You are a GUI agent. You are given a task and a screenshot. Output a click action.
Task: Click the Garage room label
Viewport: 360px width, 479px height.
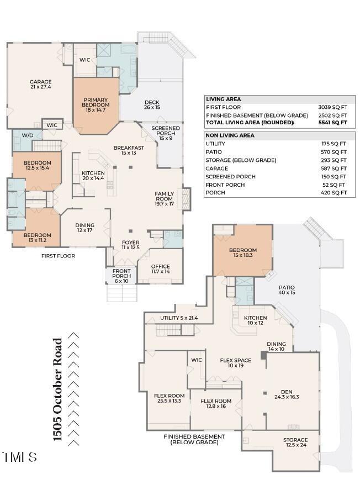(x=41, y=85)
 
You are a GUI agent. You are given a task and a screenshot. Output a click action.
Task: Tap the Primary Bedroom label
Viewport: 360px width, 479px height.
(x=96, y=104)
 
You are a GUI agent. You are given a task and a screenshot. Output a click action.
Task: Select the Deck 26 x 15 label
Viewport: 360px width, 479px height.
(x=152, y=105)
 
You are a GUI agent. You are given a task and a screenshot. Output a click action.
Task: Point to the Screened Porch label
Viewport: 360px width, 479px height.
(x=166, y=133)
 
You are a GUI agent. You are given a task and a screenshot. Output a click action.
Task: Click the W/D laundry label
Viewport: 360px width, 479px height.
(x=28, y=135)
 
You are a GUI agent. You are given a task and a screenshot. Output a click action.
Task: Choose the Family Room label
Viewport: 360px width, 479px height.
(x=165, y=198)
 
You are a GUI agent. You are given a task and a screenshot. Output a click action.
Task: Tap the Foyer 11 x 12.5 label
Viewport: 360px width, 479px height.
(x=131, y=245)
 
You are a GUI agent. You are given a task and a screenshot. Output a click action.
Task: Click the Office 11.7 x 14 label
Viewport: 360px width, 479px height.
(x=160, y=269)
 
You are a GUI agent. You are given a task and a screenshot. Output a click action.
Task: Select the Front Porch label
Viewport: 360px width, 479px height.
(x=121, y=276)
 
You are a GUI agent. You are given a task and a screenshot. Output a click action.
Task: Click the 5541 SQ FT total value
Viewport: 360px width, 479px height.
(x=333, y=123)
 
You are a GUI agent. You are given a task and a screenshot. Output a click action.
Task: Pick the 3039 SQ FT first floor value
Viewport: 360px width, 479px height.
(x=333, y=107)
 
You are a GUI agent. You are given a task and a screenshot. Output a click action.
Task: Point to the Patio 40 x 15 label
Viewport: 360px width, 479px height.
(x=287, y=290)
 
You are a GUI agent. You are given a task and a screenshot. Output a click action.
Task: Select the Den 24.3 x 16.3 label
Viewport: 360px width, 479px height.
(x=287, y=394)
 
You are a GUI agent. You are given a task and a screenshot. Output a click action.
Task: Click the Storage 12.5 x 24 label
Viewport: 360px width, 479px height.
(x=295, y=443)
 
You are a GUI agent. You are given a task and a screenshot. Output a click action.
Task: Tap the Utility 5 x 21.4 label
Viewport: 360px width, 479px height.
(x=179, y=318)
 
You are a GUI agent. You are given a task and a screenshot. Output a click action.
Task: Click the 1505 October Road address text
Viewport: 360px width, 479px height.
(x=57, y=389)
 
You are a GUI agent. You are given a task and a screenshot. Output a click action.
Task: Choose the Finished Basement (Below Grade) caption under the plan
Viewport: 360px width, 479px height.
(x=194, y=439)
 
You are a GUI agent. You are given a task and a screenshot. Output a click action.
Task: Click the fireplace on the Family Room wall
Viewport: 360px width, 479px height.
(x=186, y=199)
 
